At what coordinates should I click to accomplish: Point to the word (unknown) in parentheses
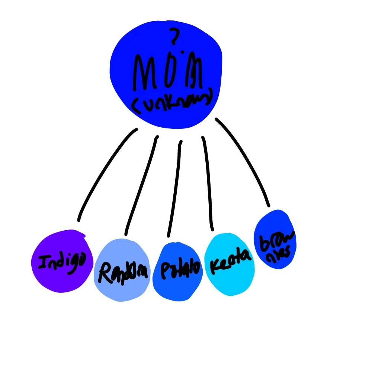(172, 100)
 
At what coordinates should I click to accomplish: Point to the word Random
(123, 273)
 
